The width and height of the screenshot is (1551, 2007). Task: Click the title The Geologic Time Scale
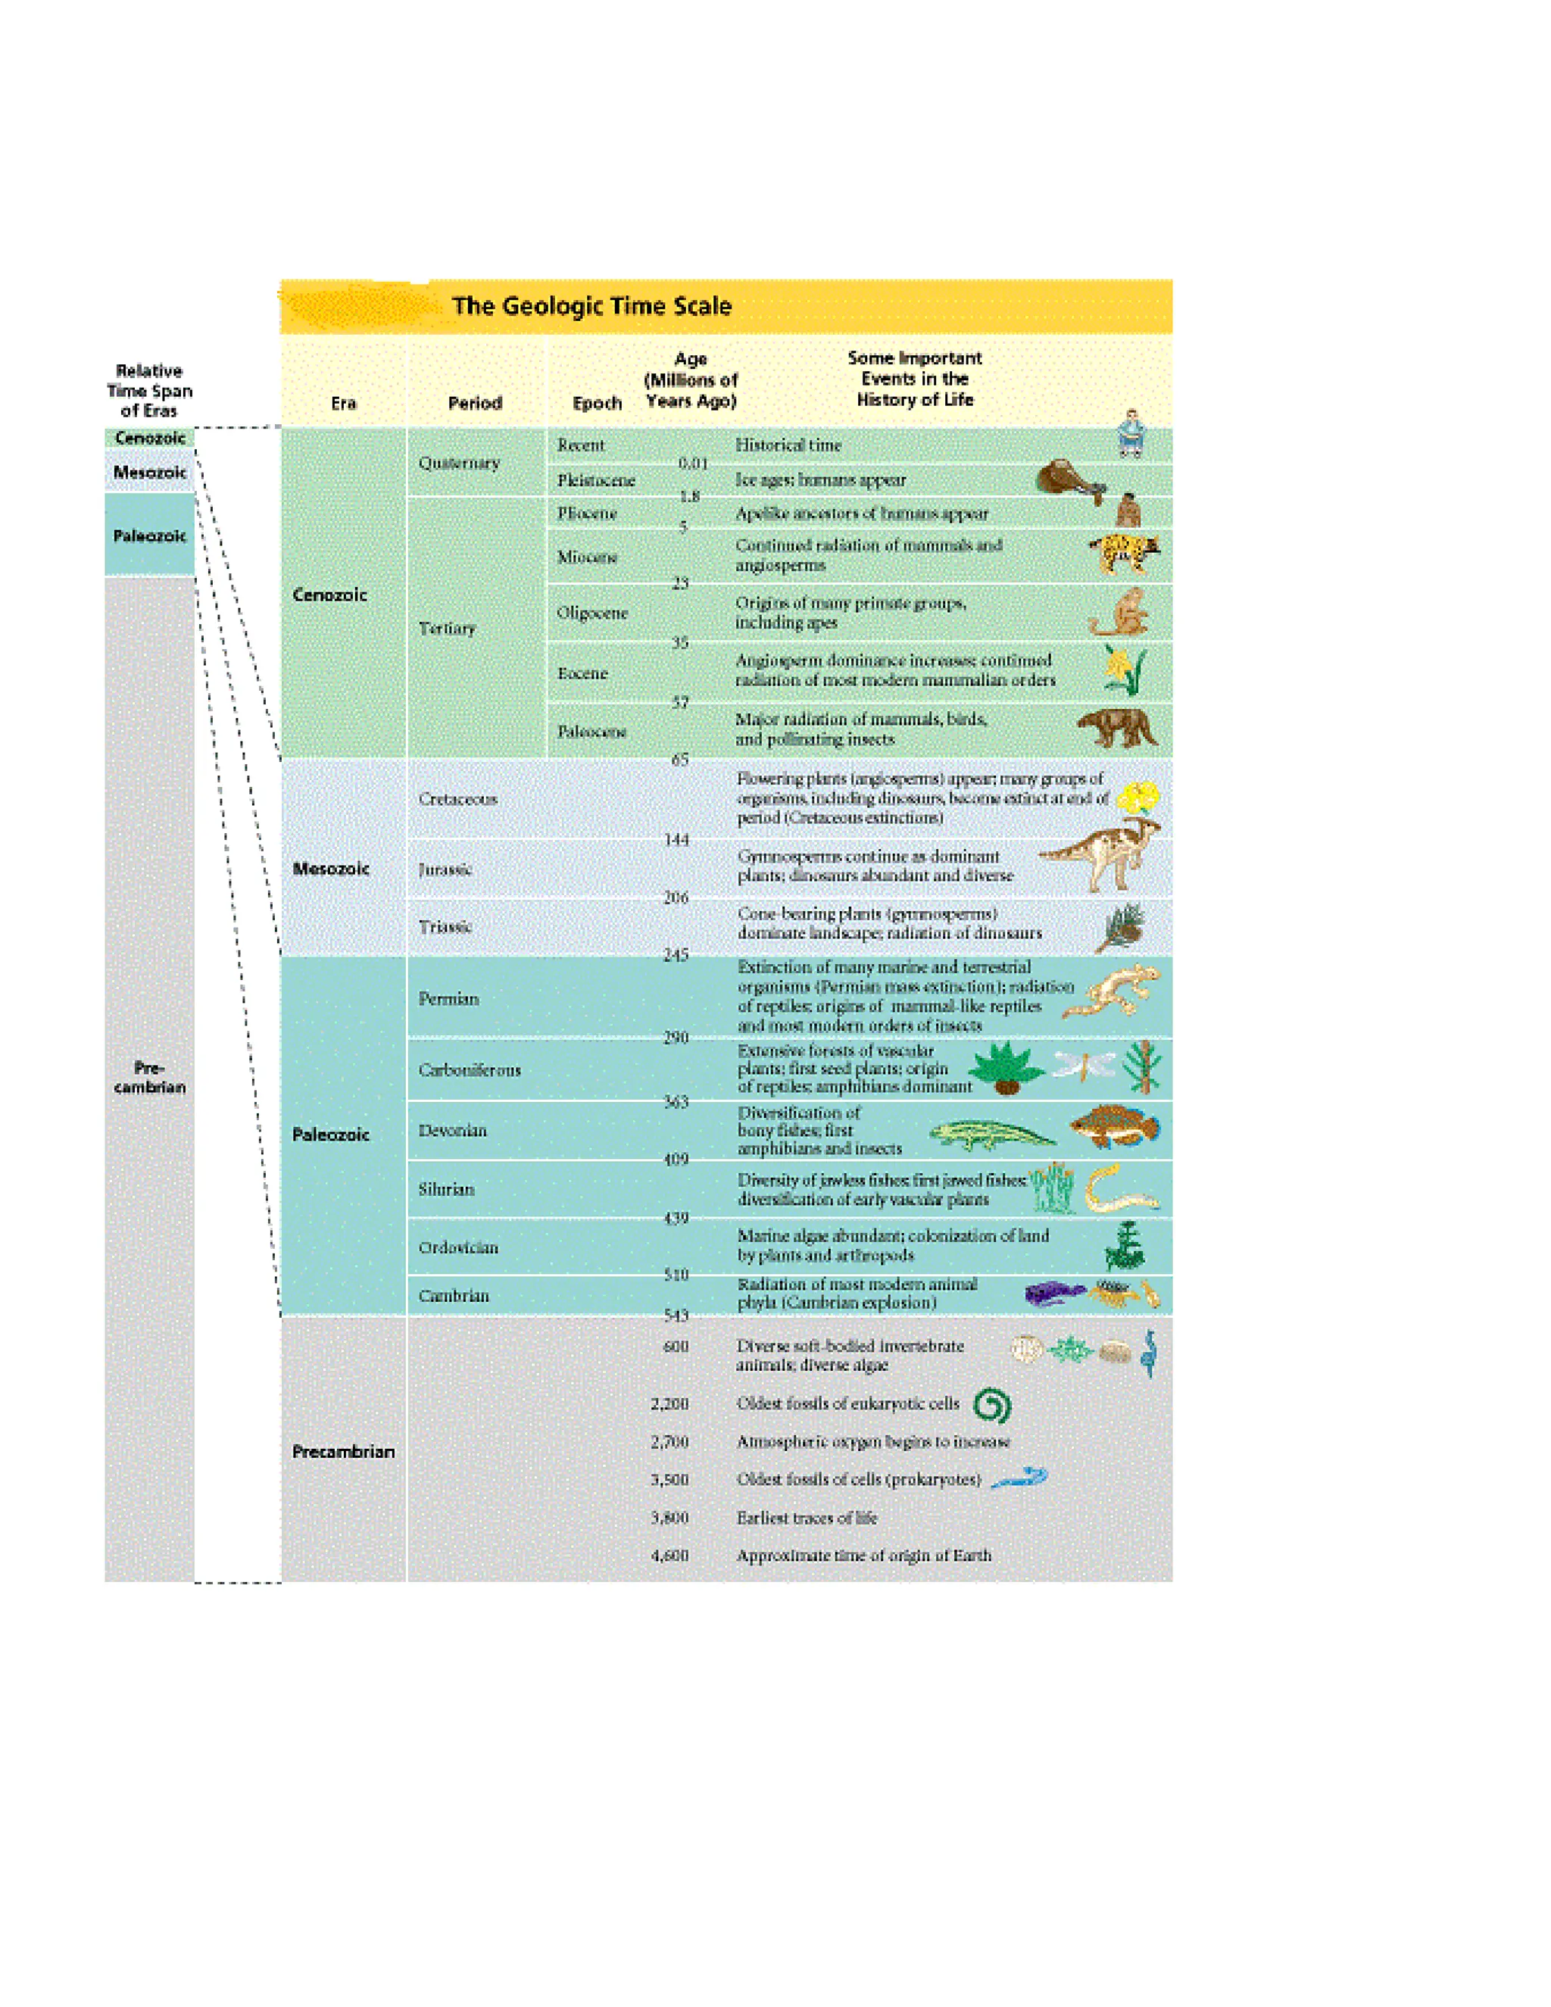(x=591, y=306)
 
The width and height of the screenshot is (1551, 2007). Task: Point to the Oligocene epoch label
(x=593, y=613)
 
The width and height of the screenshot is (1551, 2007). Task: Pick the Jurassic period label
(x=445, y=869)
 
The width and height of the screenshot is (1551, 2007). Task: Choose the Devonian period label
(x=452, y=1130)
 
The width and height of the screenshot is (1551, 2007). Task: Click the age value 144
(x=676, y=839)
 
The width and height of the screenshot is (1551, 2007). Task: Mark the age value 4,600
(x=669, y=1555)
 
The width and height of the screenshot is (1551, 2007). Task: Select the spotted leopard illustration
(x=1125, y=553)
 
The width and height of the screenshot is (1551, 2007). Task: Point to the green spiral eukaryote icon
(x=991, y=1405)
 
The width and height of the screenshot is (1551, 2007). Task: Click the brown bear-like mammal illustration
(x=1117, y=728)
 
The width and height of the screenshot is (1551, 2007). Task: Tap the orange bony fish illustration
(x=1113, y=1127)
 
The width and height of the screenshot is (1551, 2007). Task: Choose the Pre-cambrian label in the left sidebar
(x=150, y=1077)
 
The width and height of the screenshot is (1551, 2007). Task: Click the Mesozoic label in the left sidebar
(x=150, y=473)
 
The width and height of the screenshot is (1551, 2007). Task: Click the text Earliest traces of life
(x=807, y=1517)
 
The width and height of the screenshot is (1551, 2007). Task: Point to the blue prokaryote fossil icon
(x=1020, y=1478)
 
